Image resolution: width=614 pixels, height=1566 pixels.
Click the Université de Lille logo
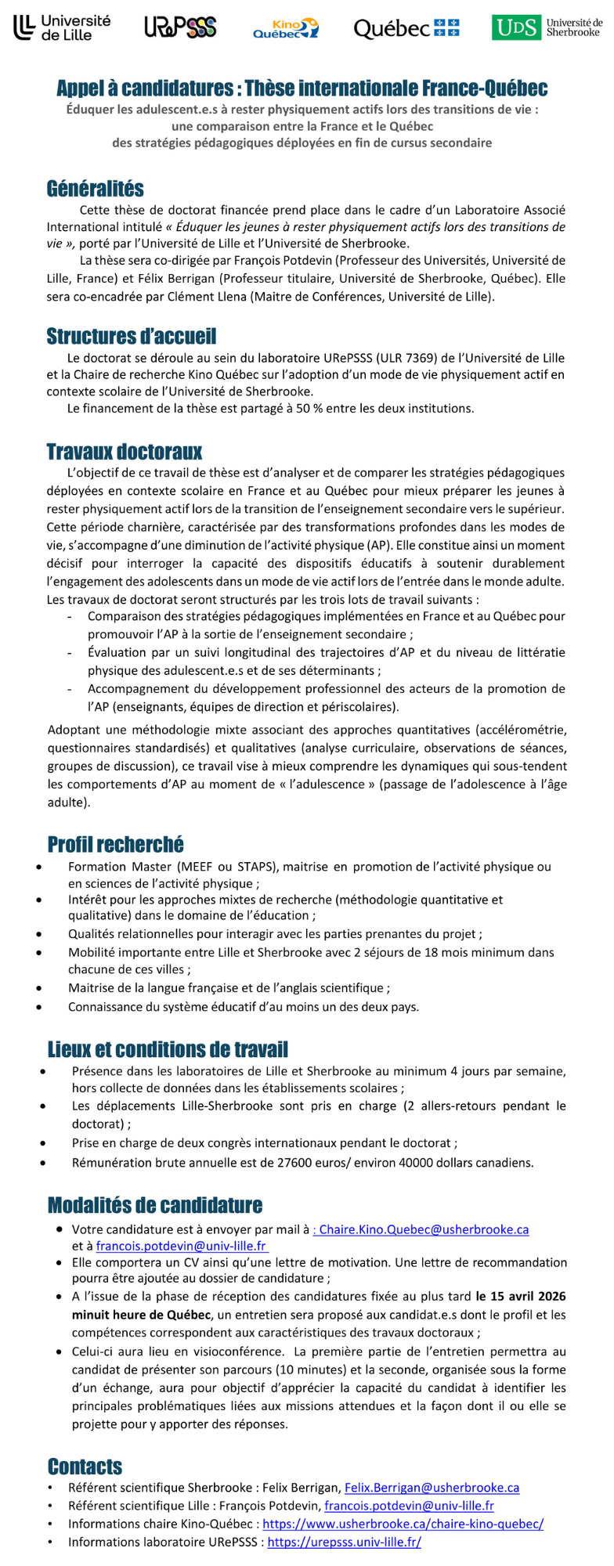pyautogui.click(x=62, y=28)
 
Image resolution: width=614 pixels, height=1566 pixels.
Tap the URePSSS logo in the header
pyautogui.click(x=180, y=28)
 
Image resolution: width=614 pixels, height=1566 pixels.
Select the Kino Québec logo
pyautogui.click(x=285, y=29)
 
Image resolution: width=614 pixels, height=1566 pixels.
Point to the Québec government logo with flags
pyautogui.click(x=406, y=29)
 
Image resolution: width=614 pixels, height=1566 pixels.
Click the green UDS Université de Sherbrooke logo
pyautogui.click(x=547, y=28)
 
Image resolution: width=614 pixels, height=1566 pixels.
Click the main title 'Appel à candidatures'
pyautogui.click(x=302, y=88)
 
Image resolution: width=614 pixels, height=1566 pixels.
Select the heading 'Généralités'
pyautogui.click(x=95, y=189)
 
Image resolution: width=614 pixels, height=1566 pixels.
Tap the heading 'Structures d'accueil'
pyautogui.click(x=131, y=337)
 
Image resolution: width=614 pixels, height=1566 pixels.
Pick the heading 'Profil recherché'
pyautogui.click(x=115, y=844)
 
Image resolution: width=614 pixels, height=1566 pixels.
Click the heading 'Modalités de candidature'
pyautogui.click(x=154, y=1205)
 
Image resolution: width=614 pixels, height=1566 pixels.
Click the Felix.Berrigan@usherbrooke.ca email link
pyautogui.click(x=432, y=1487)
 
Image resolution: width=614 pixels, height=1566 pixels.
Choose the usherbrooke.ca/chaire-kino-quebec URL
pyautogui.click(x=403, y=1524)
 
